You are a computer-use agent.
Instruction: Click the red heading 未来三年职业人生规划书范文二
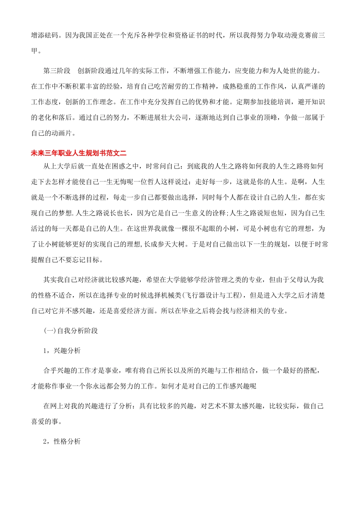(78, 153)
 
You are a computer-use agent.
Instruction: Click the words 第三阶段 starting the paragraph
(57, 71)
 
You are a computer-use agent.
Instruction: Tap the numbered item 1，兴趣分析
(62, 351)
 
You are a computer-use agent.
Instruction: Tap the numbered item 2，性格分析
(62, 441)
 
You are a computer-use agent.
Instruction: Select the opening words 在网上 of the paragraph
(53, 406)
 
